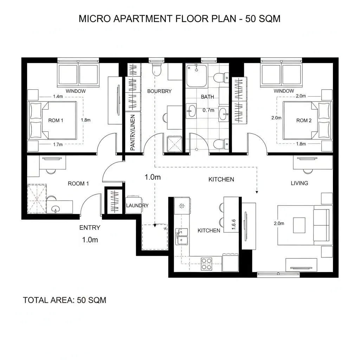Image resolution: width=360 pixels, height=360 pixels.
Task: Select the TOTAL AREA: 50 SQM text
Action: [x=64, y=300]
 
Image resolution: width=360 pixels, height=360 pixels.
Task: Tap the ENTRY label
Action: [x=90, y=227]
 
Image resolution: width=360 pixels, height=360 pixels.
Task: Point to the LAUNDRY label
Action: [x=137, y=205]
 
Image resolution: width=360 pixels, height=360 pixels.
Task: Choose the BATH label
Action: [x=207, y=97]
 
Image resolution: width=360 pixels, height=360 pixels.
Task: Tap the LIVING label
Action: [x=300, y=183]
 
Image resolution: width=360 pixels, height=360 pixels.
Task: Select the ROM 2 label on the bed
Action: [x=304, y=120]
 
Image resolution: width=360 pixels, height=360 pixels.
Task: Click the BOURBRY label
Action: [x=159, y=91]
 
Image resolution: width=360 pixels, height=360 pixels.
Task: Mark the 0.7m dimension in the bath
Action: [x=208, y=110]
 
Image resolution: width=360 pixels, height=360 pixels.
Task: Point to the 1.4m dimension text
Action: [x=58, y=96]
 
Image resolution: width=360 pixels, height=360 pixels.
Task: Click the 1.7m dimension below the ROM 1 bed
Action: [x=58, y=144]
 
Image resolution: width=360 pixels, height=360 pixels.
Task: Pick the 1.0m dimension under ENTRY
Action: [x=90, y=240]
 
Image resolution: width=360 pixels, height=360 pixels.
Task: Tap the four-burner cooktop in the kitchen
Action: [x=206, y=264]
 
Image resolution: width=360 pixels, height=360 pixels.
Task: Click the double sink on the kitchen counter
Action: [x=181, y=236]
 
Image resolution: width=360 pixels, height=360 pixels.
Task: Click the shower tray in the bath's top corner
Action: [x=196, y=75]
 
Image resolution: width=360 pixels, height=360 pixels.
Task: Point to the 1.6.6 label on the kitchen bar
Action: [x=234, y=224]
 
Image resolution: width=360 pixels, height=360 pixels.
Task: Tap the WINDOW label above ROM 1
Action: [x=76, y=91]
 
